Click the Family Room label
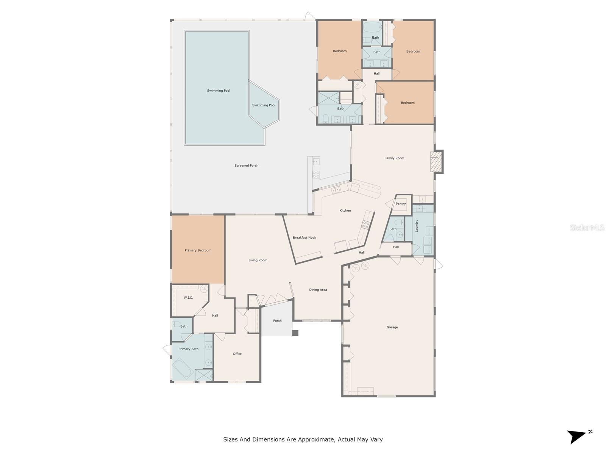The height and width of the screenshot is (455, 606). [x=394, y=158]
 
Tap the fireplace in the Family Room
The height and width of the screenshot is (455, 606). [x=436, y=162]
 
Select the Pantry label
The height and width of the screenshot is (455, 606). [x=400, y=204]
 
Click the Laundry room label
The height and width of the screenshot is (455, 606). [x=416, y=226]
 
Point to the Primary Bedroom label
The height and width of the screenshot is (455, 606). [x=198, y=250]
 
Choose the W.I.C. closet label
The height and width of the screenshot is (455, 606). [x=188, y=298]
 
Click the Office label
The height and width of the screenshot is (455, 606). [x=237, y=354]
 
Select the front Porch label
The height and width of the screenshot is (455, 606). [x=277, y=321]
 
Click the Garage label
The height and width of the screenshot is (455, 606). [x=392, y=327]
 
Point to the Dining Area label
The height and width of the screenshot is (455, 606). [x=318, y=290]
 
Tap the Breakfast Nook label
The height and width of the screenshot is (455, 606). [x=304, y=238]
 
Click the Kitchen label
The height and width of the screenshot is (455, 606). [x=345, y=210]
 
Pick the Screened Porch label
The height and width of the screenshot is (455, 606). [x=246, y=165]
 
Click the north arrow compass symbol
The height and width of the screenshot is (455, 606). [x=578, y=436]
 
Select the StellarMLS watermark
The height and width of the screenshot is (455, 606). [x=587, y=227]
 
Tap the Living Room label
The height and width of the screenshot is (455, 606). [x=258, y=260]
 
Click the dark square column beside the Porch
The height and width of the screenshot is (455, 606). [x=295, y=333]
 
